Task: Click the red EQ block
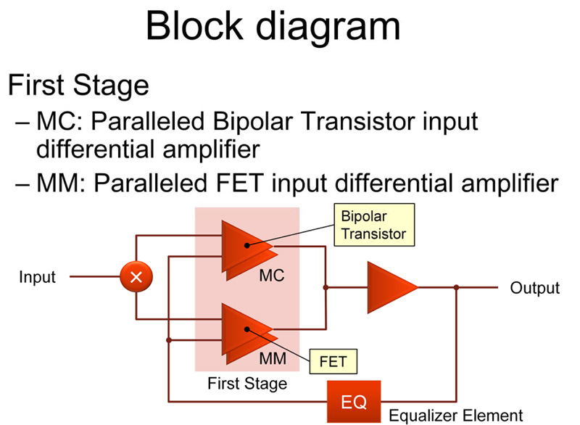point(354,401)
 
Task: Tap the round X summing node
point(135,276)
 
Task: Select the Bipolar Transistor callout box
point(373,226)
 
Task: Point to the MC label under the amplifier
point(272,276)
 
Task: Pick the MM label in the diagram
point(273,358)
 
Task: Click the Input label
point(37,277)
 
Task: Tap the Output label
point(535,288)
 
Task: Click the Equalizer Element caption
point(455,416)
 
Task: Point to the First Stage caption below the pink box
point(247,383)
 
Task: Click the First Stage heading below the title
point(78,86)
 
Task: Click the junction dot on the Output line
point(456,287)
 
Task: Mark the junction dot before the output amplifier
point(326,287)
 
